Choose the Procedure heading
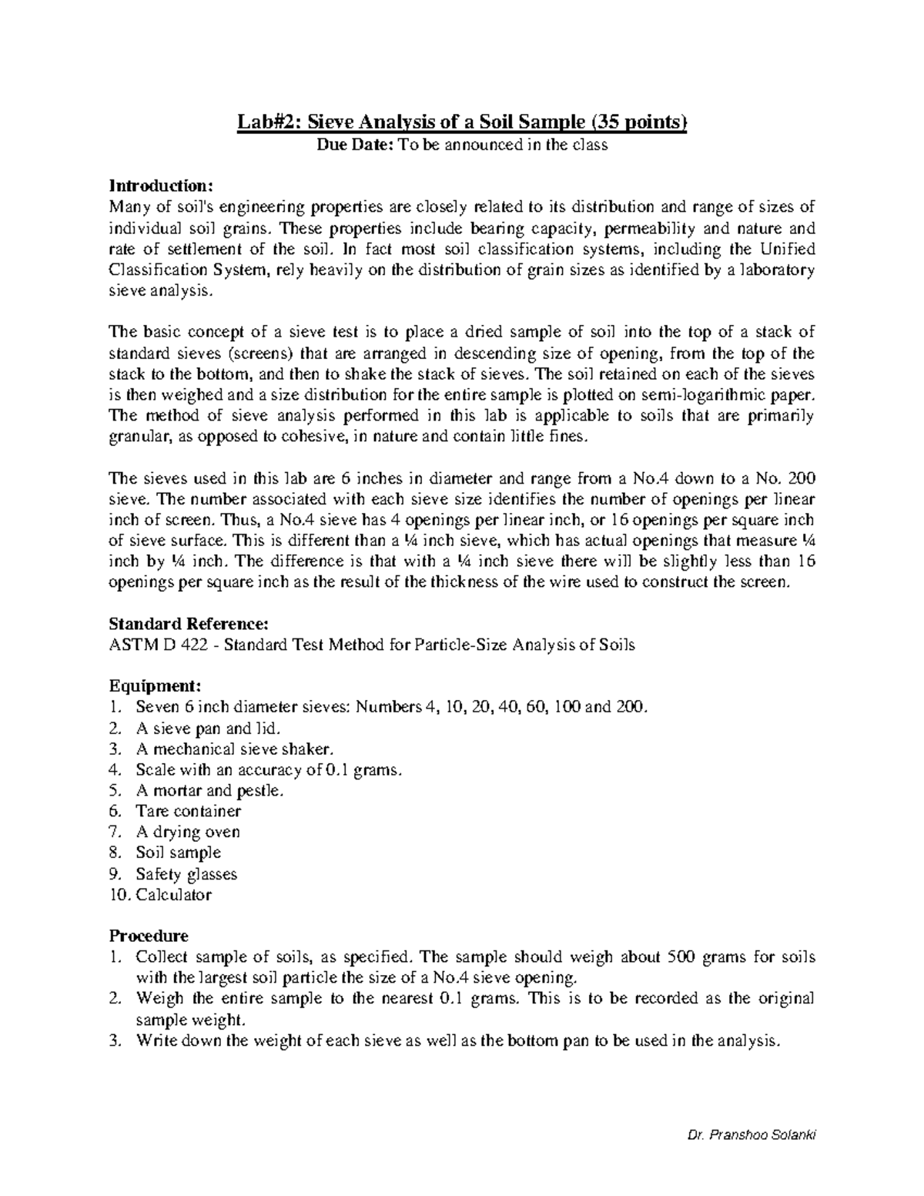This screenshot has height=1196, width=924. [149, 936]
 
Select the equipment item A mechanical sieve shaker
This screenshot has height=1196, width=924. [236, 749]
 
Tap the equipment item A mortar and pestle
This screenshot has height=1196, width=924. [209, 790]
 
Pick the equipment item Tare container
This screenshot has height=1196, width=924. [188, 811]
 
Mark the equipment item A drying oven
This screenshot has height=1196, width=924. [188, 832]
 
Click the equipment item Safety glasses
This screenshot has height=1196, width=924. [186, 874]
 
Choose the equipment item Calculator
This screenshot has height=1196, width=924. [173, 895]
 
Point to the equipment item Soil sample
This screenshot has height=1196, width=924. [178, 853]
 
